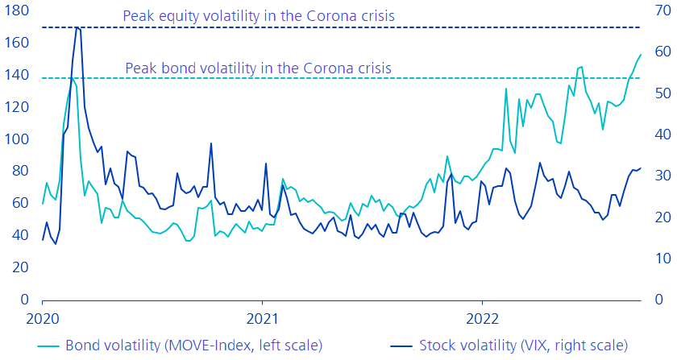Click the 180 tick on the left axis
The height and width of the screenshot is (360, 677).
click(16, 11)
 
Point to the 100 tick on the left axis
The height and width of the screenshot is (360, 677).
click(16, 139)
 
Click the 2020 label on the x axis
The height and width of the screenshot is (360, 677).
click(43, 317)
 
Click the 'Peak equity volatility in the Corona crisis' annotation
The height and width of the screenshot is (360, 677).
click(258, 15)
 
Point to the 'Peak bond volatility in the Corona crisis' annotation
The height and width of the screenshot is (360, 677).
click(259, 68)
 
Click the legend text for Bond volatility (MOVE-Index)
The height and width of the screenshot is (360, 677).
click(193, 346)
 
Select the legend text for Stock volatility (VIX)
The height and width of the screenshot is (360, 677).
click(524, 346)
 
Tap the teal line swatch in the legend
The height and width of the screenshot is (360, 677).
click(50, 346)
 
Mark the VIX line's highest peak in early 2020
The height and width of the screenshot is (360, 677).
click(77, 27)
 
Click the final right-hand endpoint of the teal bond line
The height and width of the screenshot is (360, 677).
click(641, 55)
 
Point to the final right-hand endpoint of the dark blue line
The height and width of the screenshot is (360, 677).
click(641, 168)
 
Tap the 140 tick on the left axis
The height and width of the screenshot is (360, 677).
click(16, 76)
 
